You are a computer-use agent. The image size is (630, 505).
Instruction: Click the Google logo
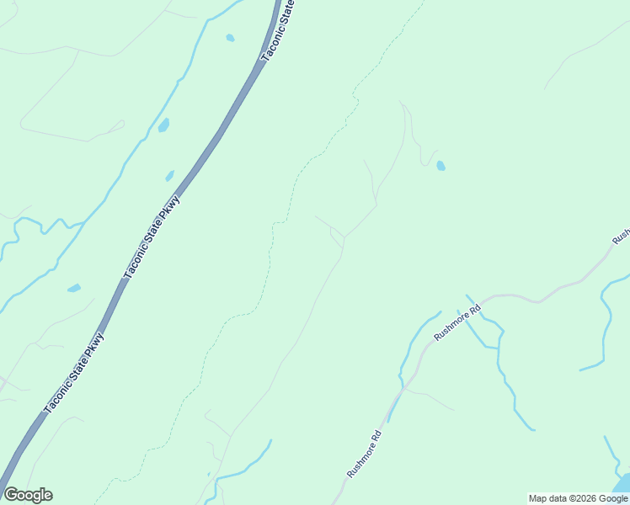(28, 495)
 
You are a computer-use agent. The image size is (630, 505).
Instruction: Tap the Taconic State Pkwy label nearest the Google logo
(73, 373)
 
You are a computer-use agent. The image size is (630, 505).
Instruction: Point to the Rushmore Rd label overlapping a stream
(456, 323)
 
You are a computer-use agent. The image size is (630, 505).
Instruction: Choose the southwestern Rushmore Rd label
(365, 454)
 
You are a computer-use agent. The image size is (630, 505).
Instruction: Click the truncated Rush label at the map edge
(622, 235)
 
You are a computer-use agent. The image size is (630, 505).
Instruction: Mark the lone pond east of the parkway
(440, 166)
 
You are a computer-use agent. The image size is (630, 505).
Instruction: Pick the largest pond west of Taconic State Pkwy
(163, 125)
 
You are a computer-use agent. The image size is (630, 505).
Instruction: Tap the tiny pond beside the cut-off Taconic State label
(230, 38)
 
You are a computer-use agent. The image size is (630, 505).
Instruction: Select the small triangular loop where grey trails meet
(338, 237)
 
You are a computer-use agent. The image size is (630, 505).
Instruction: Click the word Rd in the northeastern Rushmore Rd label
(474, 310)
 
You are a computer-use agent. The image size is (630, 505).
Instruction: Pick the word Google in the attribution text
(613, 498)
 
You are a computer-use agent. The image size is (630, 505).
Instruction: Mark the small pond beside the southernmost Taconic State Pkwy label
(74, 288)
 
